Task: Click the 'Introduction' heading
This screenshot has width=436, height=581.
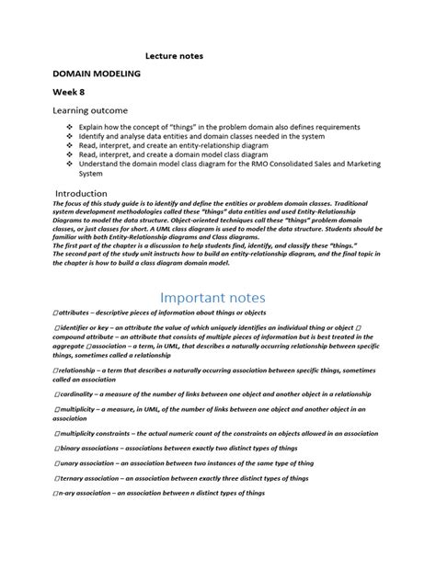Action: pos(81,193)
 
